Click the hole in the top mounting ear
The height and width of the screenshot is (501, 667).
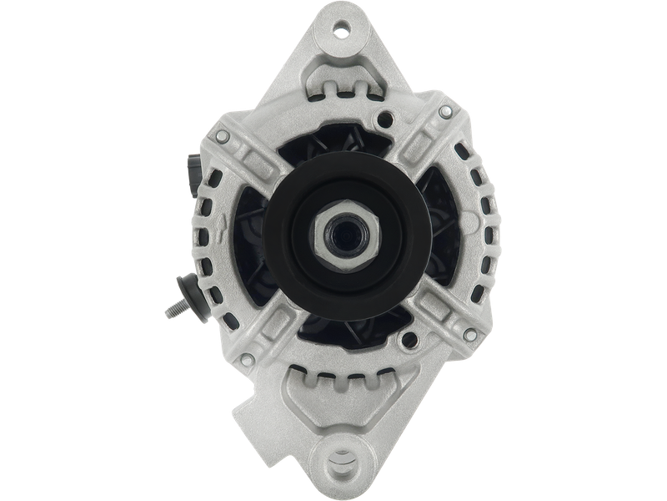pyautogui.click(x=340, y=31)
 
